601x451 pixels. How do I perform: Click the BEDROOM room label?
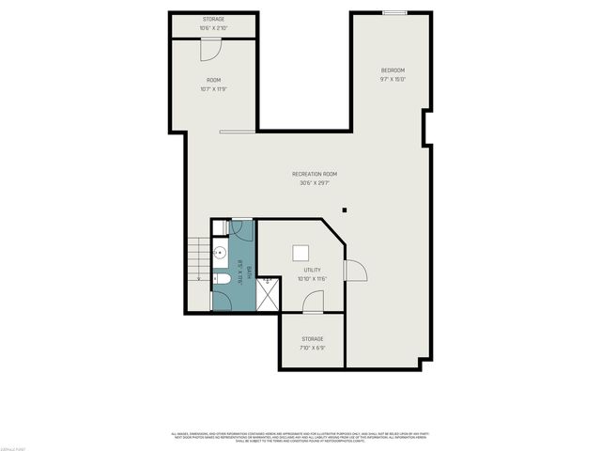[x=393, y=70]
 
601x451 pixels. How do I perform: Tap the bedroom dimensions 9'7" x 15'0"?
[x=393, y=80]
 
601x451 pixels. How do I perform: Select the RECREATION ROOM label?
[x=314, y=174]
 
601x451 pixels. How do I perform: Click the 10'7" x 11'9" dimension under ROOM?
[x=213, y=89]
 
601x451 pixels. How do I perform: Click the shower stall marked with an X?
[x=268, y=293]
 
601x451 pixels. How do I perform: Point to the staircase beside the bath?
[x=198, y=258]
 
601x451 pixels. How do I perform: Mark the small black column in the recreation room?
[x=345, y=210]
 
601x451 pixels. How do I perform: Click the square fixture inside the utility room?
[x=300, y=251]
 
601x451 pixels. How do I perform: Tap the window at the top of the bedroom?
[x=394, y=13]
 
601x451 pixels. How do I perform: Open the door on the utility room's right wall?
[x=354, y=271]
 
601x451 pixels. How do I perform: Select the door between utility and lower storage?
[x=314, y=303]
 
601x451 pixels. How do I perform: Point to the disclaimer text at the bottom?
[x=300, y=436]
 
